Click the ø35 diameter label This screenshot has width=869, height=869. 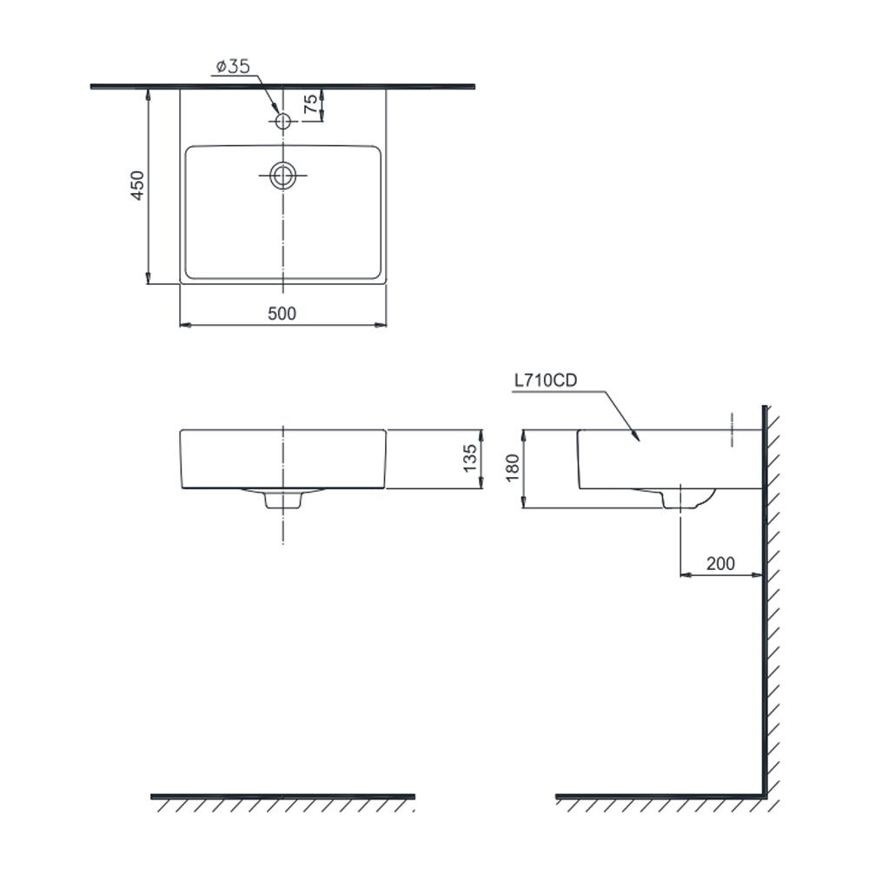tap(233, 67)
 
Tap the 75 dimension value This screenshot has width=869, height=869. tap(311, 103)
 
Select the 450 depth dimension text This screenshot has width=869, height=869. tap(137, 185)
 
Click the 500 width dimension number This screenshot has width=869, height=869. tap(282, 314)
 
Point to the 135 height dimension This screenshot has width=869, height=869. tap(469, 458)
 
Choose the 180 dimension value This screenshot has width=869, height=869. tap(513, 468)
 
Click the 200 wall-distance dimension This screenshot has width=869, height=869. tap(720, 564)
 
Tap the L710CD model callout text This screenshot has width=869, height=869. tap(546, 381)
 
